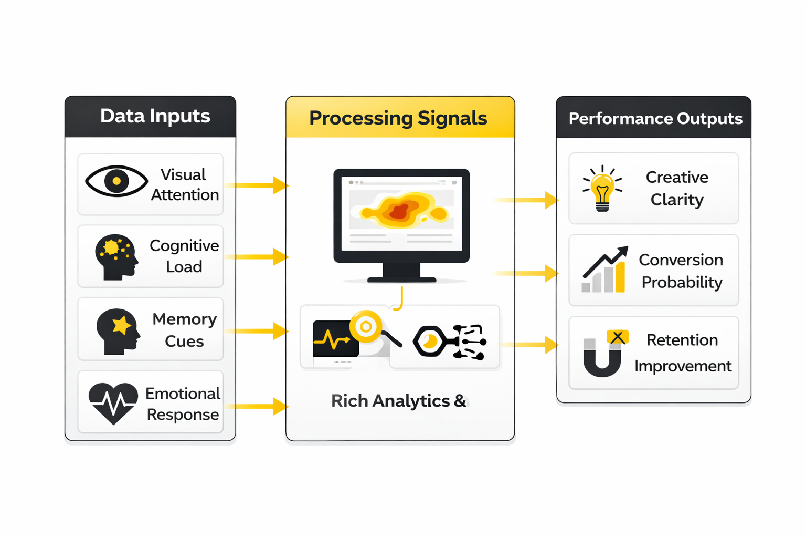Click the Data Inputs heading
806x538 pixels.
click(155, 116)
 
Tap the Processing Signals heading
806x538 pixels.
click(398, 118)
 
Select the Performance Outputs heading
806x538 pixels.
click(655, 119)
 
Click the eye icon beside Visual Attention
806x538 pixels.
click(116, 181)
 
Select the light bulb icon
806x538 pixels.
click(602, 188)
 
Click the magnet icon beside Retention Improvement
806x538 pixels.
click(603, 354)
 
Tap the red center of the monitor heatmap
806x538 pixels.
click(399, 211)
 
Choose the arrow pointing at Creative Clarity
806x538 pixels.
click(526, 200)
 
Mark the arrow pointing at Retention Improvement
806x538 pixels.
click(529, 345)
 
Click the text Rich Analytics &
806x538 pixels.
click(398, 401)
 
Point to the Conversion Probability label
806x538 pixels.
click(681, 271)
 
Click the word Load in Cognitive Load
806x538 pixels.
click(184, 267)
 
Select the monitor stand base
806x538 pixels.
click(401, 280)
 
